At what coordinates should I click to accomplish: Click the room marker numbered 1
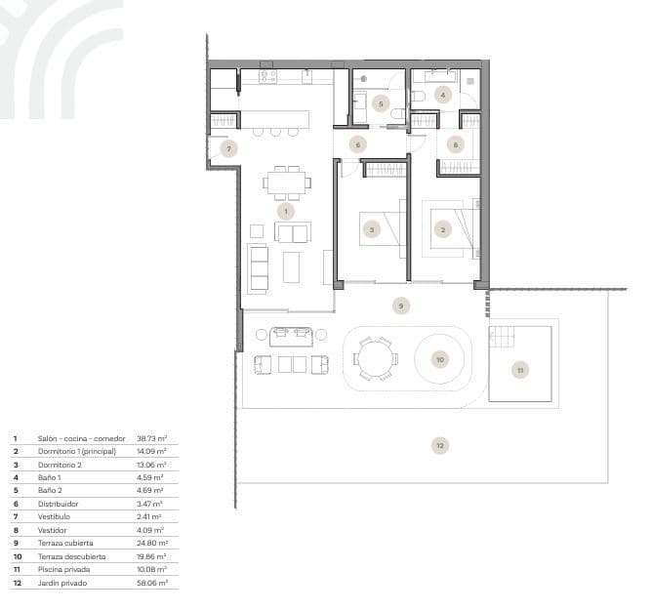pos(285,210)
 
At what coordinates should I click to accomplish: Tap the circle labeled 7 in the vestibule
pos(228,149)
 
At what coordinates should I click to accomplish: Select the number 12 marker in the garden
pos(440,445)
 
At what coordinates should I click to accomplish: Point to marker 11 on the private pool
pos(520,370)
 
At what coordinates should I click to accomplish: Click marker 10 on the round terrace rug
pos(439,359)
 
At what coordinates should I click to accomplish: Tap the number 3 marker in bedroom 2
pos(371,230)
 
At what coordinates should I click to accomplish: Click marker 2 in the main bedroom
pos(443,230)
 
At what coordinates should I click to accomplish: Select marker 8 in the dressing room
pos(455,144)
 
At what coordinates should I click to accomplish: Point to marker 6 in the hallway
pos(358,144)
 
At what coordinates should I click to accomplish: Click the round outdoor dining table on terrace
pos(373,358)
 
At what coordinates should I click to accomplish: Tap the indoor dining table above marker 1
pos(287,181)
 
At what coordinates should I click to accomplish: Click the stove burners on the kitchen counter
pos(266,75)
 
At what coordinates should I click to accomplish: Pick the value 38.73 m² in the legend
pos(151,439)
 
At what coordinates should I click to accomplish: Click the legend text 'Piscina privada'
pos(65,568)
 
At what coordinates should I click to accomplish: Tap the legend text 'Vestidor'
pos(53,529)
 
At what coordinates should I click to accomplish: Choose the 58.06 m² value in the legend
pos(151,582)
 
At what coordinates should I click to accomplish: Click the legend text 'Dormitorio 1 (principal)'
pos(77,452)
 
